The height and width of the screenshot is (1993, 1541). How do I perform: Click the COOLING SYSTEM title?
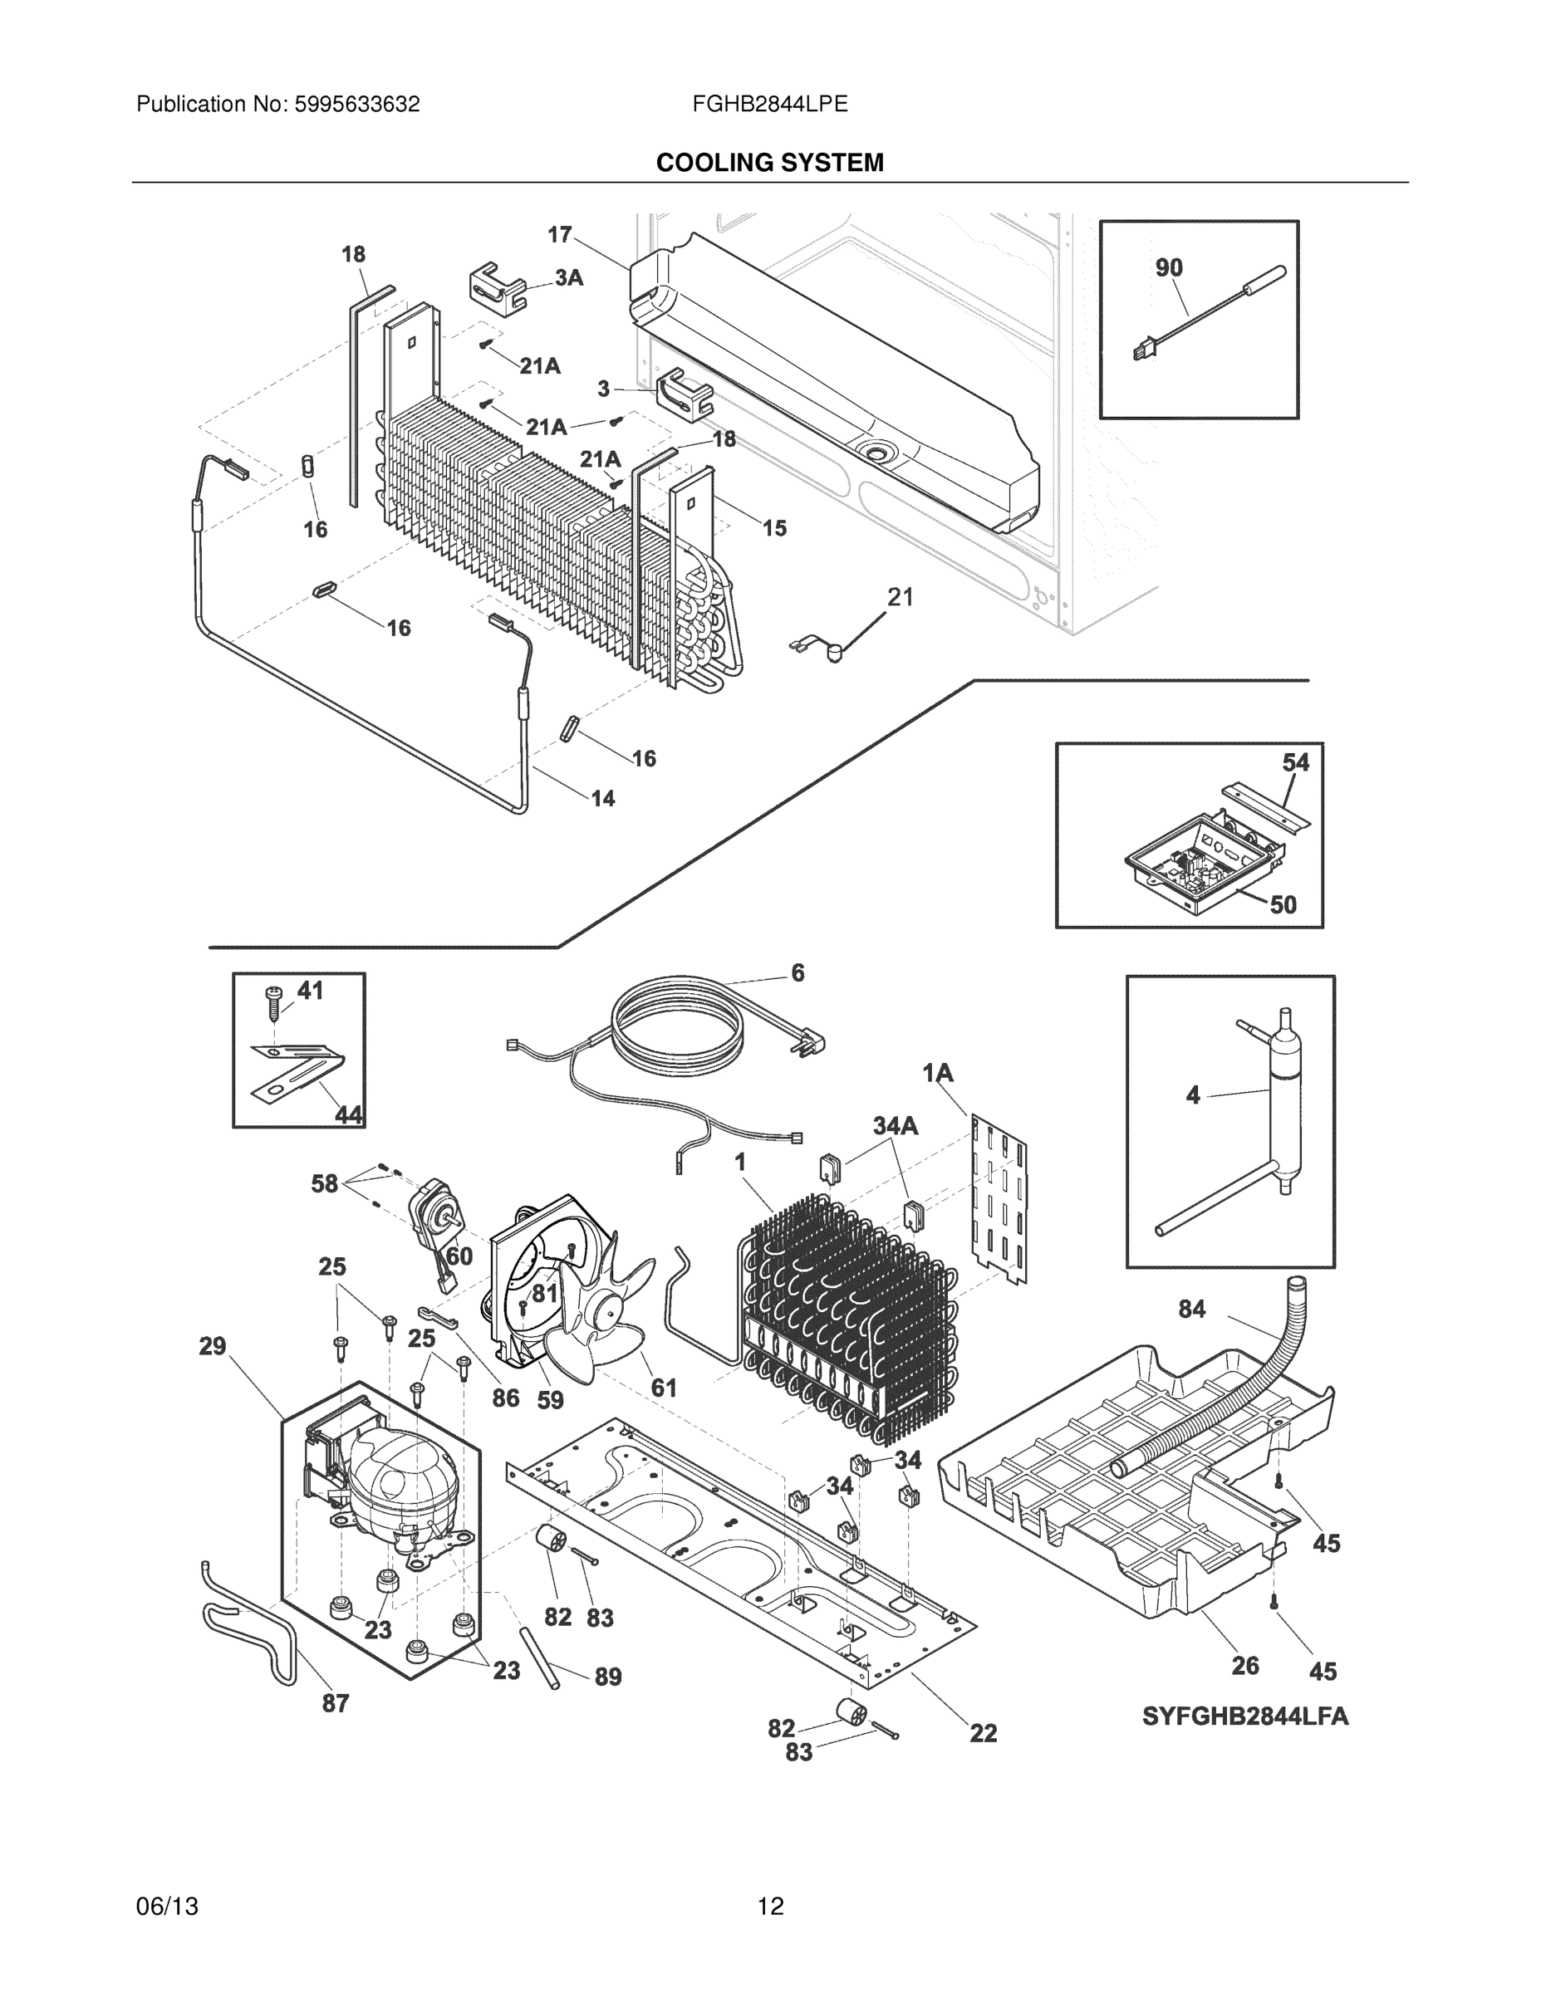(x=769, y=163)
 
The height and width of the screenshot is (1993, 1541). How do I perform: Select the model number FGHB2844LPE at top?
(x=769, y=104)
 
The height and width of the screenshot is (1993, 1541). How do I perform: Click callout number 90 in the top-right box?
(x=1169, y=267)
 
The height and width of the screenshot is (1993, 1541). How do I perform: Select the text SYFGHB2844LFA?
(x=1245, y=1716)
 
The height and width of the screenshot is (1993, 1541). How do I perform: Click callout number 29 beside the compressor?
(x=212, y=1346)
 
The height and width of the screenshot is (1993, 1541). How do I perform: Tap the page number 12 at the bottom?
(x=769, y=1907)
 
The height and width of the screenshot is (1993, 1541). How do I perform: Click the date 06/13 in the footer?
(x=167, y=1907)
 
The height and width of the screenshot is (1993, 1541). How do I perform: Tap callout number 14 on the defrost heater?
(x=602, y=799)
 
